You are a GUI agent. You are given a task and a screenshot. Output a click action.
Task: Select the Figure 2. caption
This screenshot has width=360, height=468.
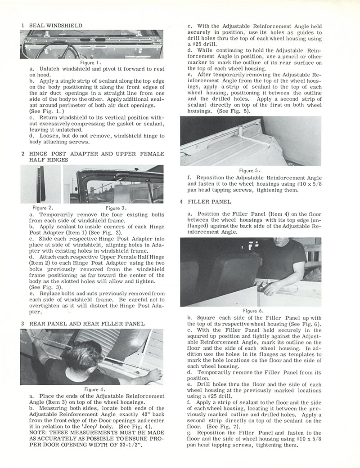[44, 208]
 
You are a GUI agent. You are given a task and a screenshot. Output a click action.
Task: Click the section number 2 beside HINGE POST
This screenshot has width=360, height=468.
[22, 153]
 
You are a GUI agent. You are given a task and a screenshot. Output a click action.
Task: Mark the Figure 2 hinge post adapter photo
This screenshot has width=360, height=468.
[41, 184]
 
